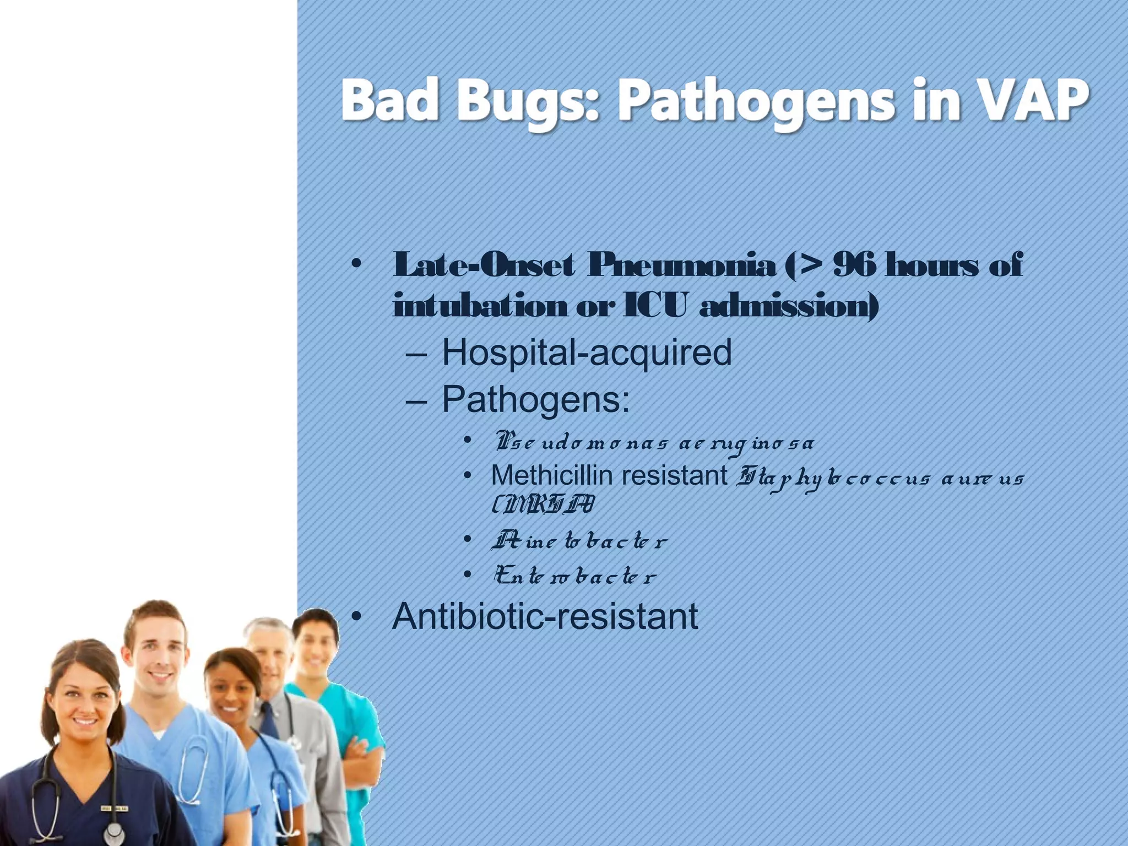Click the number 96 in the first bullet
pyautogui.click(x=854, y=266)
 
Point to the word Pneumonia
pyautogui.click(x=681, y=266)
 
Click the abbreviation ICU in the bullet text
pyautogui.click(x=655, y=306)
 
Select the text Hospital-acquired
pyautogui.click(x=587, y=352)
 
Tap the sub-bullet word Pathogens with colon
pyautogui.click(x=535, y=399)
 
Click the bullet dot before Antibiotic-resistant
pyautogui.click(x=356, y=617)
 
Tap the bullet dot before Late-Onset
pyautogui.click(x=356, y=264)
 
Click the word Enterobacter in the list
pyautogui.click(x=575, y=577)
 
